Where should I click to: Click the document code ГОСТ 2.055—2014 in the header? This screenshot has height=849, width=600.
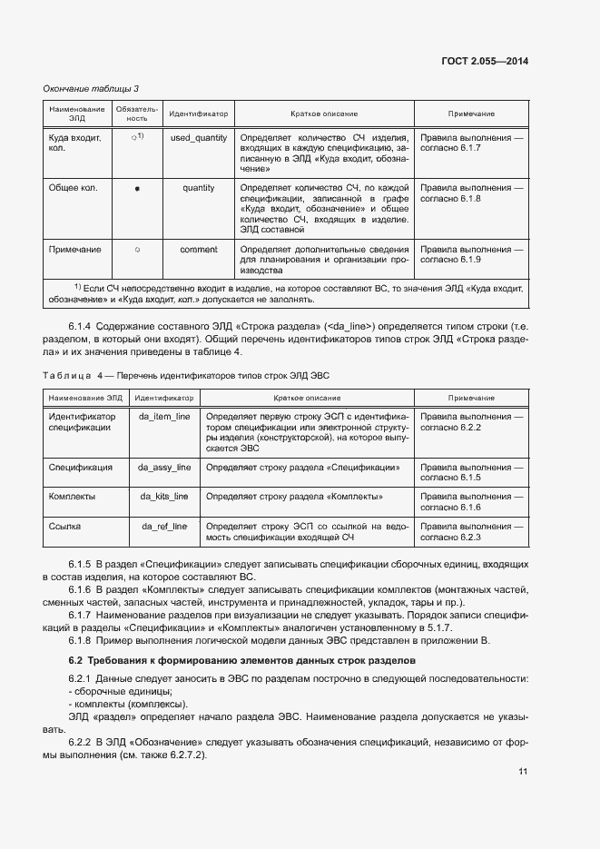pos(482,62)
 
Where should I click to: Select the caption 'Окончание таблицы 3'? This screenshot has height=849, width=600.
pos(92,88)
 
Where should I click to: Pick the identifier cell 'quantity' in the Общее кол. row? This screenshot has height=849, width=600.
pos(198,188)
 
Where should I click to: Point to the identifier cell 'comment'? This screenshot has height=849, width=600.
pos(198,249)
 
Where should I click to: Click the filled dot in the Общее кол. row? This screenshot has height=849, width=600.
pos(136,189)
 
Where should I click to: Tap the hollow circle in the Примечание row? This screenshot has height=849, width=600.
pos(136,249)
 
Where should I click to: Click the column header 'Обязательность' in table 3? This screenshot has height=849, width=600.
pos(136,114)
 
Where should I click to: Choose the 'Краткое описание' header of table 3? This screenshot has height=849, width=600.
pos(323,114)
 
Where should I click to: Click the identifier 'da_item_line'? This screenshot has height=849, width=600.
pos(163,416)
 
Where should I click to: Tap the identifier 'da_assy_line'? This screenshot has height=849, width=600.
pos(163,467)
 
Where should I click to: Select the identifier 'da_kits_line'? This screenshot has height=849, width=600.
pos(163,497)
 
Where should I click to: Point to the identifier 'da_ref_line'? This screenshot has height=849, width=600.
pos(163,527)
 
